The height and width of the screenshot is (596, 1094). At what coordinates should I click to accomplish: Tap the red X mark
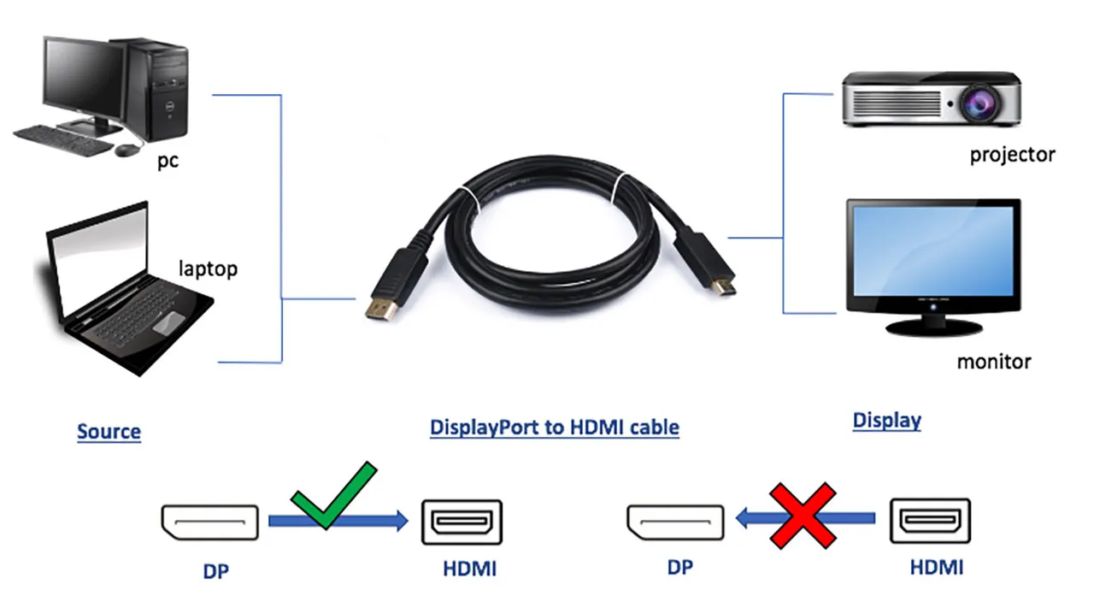pyautogui.click(x=802, y=516)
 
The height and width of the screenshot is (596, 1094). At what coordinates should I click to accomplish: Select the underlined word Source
pyautogui.click(x=109, y=431)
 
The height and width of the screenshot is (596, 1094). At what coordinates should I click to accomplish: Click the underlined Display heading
pyautogui.click(x=886, y=420)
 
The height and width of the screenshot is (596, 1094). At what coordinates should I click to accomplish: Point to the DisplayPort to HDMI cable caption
pyautogui.click(x=554, y=427)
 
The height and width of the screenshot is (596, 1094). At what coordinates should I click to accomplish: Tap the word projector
pyautogui.click(x=1012, y=155)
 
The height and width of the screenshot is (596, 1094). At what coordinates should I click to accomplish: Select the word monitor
pyautogui.click(x=993, y=361)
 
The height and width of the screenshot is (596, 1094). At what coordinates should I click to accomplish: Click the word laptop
pyautogui.click(x=208, y=268)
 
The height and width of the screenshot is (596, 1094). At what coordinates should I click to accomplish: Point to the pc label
pyautogui.click(x=168, y=160)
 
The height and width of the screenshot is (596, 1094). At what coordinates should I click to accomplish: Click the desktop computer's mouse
pyautogui.click(x=126, y=150)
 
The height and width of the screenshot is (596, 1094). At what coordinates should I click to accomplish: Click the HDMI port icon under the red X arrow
pyautogui.click(x=930, y=521)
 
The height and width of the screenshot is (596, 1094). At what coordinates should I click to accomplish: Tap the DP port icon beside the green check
pyautogui.click(x=209, y=522)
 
